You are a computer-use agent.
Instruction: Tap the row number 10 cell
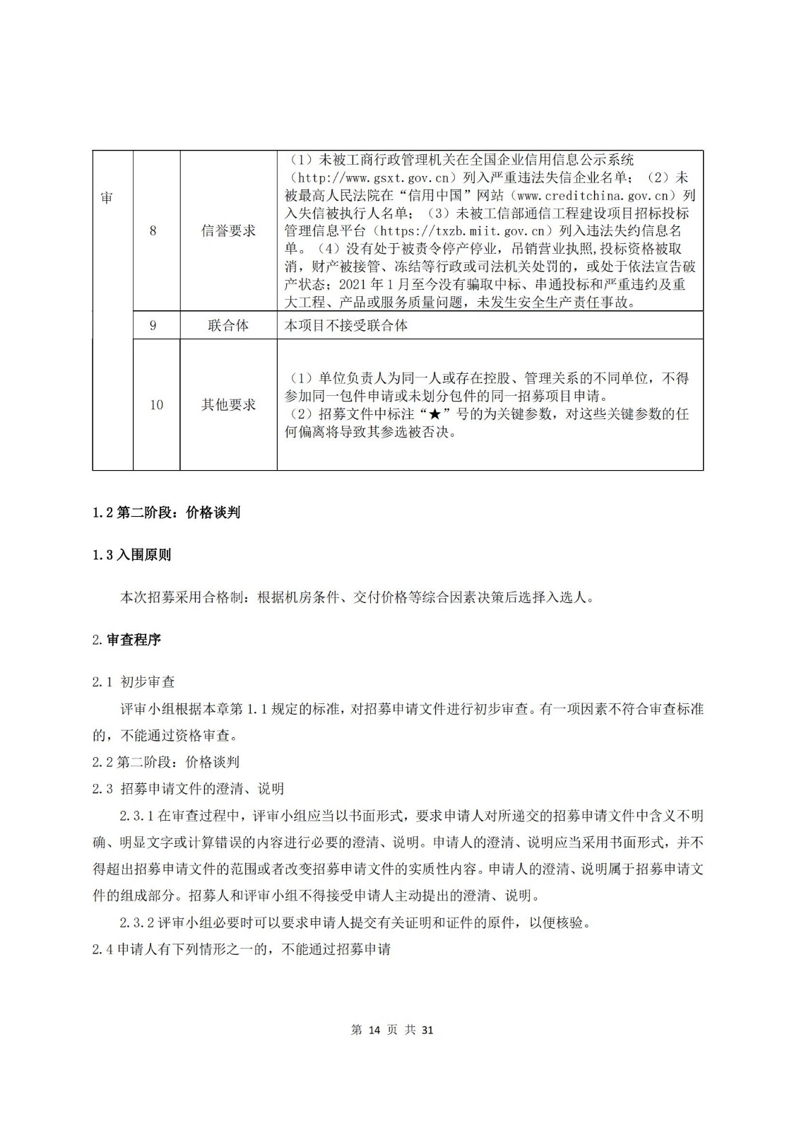click(156, 404)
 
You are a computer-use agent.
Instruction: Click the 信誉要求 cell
click(228, 230)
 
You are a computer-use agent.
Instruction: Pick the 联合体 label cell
click(228, 325)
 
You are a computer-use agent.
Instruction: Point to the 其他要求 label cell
click(228, 404)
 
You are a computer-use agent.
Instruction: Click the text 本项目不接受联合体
click(346, 325)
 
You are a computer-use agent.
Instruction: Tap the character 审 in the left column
click(106, 199)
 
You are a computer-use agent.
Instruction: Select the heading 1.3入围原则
click(131, 555)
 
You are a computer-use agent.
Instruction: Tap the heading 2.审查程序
click(126, 640)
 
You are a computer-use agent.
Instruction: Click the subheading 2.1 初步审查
click(134, 682)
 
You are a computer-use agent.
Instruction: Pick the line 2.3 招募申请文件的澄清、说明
click(188, 788)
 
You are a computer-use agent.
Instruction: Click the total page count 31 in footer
click(427, 1030)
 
